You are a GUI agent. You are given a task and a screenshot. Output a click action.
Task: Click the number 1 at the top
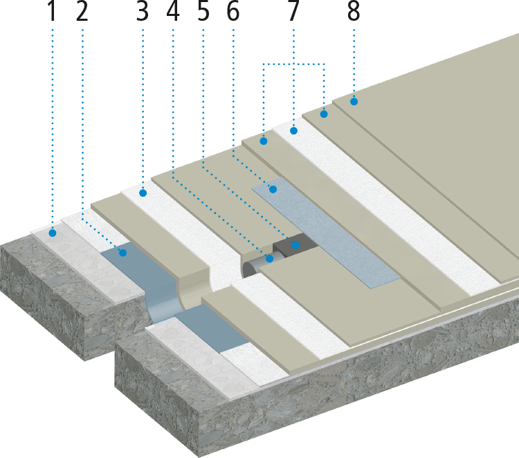[x=51, y=13]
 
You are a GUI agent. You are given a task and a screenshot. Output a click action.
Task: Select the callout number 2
[x=82, y=13]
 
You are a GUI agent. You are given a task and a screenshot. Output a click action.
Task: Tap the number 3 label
[x=143, y=13]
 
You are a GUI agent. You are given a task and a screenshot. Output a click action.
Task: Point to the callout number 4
[x=172, y=13]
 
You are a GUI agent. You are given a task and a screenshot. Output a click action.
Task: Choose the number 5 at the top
[x=203, y=13]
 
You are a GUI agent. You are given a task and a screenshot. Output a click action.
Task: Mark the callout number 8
[x=354, y=13]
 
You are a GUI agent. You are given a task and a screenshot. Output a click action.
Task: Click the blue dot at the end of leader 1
[x=52, y=234]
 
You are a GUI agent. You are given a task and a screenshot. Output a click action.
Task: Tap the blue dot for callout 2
[x=122, y=253]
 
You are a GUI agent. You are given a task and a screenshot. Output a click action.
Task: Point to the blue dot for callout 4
[x=269, y=258]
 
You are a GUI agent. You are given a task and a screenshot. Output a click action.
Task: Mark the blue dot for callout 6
[x=273, y=188]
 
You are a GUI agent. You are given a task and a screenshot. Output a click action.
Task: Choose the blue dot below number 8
[x=354, y=102]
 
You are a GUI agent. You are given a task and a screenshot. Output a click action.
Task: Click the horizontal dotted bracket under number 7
[x=293, y=64]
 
